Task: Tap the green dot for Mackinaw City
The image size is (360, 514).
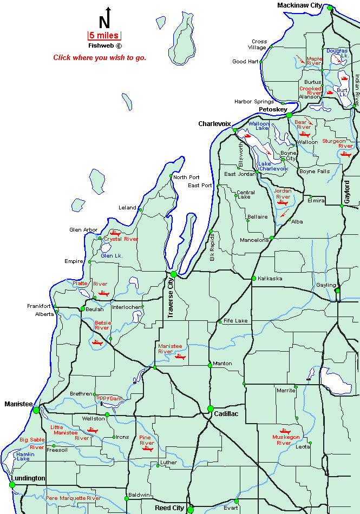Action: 330,8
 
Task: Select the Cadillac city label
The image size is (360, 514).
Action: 226,413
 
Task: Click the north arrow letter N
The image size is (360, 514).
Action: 104,22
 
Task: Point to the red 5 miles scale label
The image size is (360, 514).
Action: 104,36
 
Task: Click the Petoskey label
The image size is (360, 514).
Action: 272,109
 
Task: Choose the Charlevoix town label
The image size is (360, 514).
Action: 214,123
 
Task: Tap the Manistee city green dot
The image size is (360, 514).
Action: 36,410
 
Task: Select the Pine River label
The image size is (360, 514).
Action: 147,440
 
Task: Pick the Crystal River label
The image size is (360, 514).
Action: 121,239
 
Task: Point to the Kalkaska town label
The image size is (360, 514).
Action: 270,278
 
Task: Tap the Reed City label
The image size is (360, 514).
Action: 169,508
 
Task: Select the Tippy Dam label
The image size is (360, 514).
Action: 109,398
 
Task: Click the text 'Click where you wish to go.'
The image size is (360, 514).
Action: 99,57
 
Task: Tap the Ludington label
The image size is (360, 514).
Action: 28,478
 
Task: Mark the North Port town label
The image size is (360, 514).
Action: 186,177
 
